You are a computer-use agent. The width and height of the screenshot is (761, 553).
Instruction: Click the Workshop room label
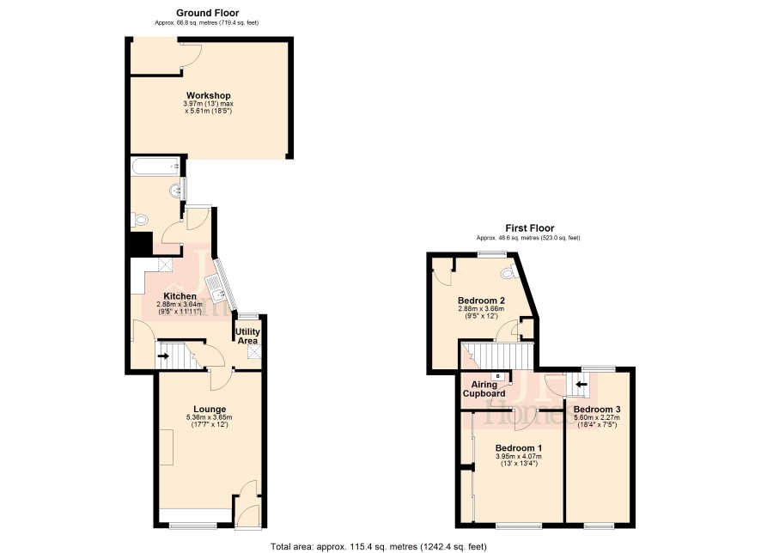208,95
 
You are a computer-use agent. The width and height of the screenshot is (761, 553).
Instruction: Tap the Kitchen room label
180,296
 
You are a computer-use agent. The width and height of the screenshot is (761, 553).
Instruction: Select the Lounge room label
210,410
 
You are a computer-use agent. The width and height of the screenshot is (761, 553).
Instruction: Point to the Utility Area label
247,336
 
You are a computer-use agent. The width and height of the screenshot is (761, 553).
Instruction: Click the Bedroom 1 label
518,448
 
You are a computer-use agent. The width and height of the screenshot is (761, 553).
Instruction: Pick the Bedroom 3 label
596,410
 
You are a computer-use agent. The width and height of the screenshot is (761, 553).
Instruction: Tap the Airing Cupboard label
484,389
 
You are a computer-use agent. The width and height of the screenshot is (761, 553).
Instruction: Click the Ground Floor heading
207,13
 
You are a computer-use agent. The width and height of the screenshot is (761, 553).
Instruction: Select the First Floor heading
529,228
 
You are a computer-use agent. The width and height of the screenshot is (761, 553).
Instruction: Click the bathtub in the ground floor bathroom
155,167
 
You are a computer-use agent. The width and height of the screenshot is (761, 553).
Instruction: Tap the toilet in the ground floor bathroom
139,220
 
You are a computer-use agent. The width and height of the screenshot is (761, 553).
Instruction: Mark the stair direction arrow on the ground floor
163,356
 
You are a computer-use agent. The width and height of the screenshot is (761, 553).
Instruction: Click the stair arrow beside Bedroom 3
581,385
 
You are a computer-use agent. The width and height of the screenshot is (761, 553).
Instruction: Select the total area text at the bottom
378,547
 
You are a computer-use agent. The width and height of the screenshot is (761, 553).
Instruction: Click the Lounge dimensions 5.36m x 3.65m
210,417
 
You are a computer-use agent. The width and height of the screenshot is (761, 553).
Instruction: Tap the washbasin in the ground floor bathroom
177,190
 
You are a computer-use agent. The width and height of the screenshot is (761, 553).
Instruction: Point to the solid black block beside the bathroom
140,244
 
